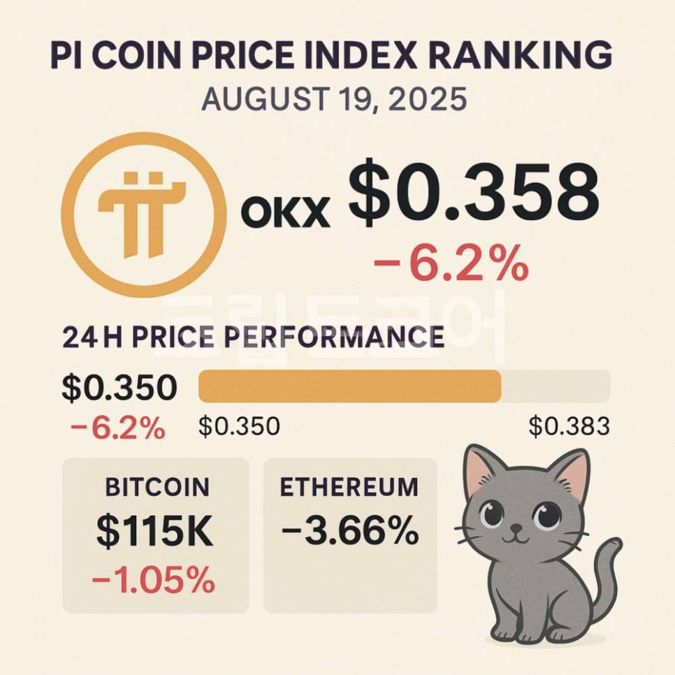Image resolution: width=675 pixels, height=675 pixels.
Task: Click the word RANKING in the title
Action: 521,55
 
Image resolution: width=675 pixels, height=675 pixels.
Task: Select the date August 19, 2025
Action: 333,100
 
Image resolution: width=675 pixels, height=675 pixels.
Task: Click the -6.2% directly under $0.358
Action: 450,265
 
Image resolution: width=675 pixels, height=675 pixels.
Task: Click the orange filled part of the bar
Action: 349,386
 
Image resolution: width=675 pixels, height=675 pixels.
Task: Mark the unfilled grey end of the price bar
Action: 556,386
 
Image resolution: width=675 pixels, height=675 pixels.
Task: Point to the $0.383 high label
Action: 568,426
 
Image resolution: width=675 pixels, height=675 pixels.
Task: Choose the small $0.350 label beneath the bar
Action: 239,426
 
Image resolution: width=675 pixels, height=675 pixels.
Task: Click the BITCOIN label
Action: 157,487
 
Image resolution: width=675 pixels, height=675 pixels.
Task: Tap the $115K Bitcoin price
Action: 155,532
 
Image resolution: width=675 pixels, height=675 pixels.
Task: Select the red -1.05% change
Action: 154,579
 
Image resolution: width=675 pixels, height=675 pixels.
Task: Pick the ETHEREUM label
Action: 349,487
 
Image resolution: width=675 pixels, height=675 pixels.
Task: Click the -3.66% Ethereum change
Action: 350,533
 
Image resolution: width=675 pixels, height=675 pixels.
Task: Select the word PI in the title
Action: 64,55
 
